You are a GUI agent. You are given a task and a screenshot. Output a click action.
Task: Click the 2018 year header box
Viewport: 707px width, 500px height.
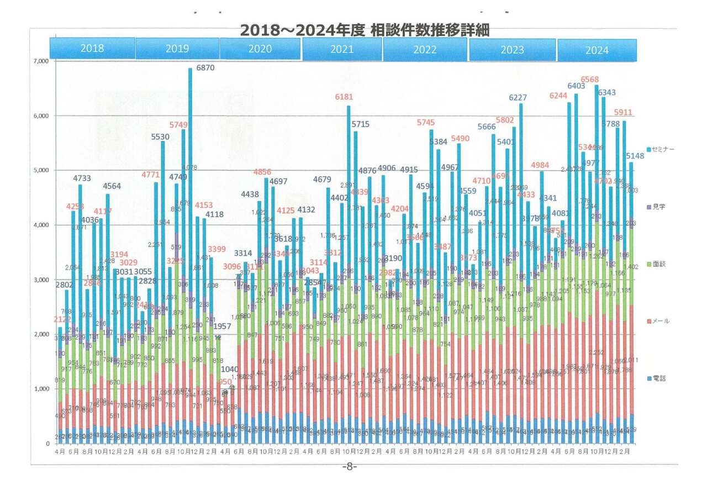click(92, 48)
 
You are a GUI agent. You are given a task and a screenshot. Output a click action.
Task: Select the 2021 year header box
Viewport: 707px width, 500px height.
click(342, 49)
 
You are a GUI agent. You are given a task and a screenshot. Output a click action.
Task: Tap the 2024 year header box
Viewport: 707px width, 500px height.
click(597, 50)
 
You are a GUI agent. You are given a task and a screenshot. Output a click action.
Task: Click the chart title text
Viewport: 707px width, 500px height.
click(365, 30)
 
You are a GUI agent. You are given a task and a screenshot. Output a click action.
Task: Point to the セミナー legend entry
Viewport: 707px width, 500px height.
click(663, 150)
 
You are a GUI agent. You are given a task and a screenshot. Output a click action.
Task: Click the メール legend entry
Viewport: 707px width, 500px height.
click(661, 320)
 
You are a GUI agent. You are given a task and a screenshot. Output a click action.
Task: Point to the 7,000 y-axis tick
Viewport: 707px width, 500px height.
click(42, 61)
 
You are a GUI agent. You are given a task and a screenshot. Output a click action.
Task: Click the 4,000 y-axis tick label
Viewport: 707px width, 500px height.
click(42, 225)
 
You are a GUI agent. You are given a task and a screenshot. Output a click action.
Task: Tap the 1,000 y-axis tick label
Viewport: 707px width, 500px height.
click(42, 389)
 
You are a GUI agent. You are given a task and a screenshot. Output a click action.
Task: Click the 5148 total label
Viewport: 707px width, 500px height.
click(636, 156)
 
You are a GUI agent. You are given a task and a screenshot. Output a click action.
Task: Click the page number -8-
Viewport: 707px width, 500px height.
click(349, 467)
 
